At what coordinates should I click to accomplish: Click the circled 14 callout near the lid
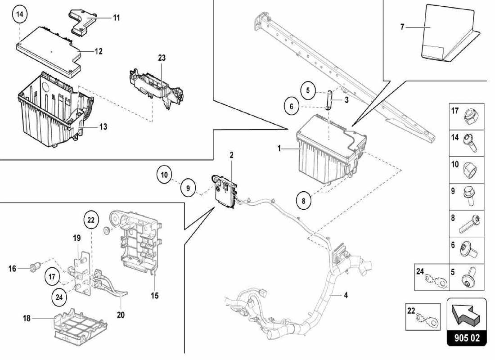tap(19, 14)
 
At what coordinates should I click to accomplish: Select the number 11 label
tap(117, 18)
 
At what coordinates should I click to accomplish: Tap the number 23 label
tap(162, 58)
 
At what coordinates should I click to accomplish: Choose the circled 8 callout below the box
tap(304, 201)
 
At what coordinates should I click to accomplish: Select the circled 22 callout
tap(91, 220)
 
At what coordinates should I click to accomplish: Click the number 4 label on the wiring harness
tap(346, 296)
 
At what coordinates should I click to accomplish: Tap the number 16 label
tap(12, 269)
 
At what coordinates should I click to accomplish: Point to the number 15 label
tap(154, 296)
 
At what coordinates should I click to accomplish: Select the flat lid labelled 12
tap(49, 47)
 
